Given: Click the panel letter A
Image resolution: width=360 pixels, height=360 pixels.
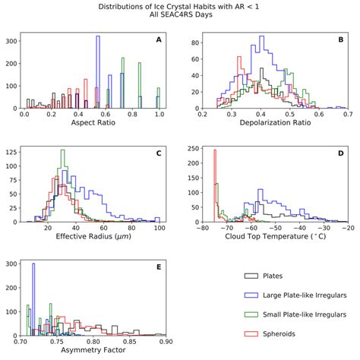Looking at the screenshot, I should pyautogui.click(x=158, y=39).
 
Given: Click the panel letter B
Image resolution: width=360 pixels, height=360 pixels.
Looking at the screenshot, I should pyautogui.click(x=340, y=39).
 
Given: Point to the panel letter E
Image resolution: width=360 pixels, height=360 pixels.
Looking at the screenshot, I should pyautogui.click(x=158, y=268).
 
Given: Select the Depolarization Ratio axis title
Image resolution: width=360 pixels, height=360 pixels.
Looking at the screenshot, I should pyautogui.click(x=275, y=124).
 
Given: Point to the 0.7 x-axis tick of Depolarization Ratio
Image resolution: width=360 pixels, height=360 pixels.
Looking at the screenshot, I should pyautogui.click(x=347, y=114).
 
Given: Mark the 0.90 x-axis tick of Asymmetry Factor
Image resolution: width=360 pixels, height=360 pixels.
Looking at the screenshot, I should pyautogui.click(x=165, y=342).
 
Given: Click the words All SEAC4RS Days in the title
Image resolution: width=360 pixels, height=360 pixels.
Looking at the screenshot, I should pyautogui.click(x=180, y=16).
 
